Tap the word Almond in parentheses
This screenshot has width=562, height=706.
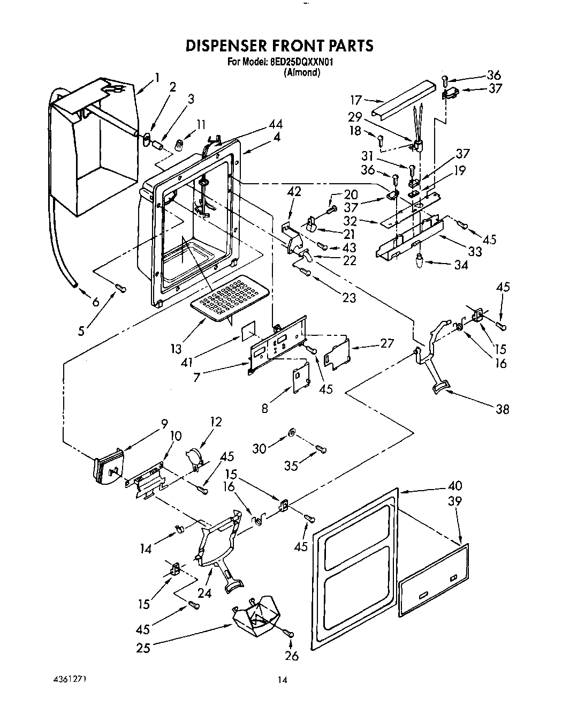[x=302, y=72]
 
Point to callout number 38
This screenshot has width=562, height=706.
[x=502, y=409]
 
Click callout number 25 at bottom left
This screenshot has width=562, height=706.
[x=143, y=648]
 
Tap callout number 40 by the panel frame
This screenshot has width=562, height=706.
[x=454, y=486]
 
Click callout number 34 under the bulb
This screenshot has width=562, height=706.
[x=461, y=265]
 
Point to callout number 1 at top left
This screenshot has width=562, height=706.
[x=157, y=78]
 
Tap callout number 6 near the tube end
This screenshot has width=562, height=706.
[x=95, y=302]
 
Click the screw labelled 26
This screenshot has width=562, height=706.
[x=290, y=634]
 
